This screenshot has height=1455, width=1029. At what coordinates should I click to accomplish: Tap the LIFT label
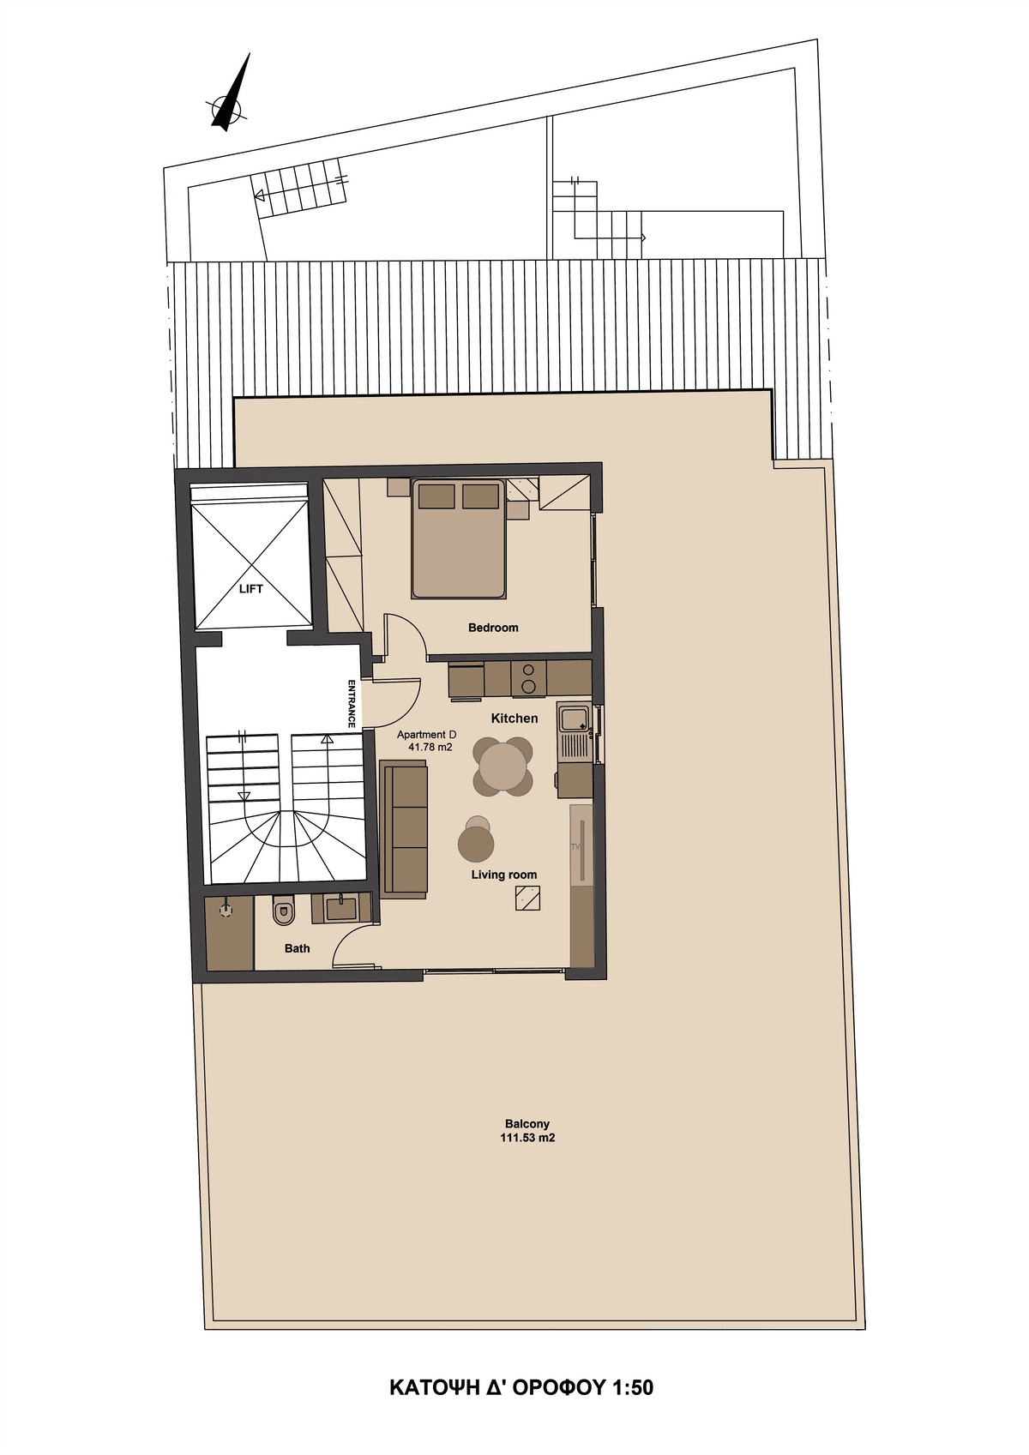click(250, 588)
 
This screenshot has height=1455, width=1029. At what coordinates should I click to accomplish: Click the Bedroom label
click(493, 628)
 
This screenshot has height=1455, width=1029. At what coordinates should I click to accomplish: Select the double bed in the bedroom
click(458, 538)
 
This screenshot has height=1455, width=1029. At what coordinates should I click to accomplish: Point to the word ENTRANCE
click(352, 703)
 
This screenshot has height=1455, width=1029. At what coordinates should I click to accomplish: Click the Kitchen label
click(514, 718)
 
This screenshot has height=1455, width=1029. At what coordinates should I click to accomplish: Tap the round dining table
click(502, 766)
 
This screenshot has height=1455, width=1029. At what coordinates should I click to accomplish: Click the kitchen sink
click(575, 719)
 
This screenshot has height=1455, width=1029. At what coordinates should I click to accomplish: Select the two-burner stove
click(528, 678)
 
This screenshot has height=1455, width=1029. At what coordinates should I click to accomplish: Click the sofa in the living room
click(403, 831)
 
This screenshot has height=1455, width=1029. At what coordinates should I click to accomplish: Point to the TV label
click(575, 847)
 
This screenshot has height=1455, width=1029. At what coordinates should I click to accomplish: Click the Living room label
click(504, 875)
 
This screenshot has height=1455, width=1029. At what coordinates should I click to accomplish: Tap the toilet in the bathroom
click(283, 911)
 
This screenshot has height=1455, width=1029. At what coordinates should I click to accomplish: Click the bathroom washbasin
click(341, 908)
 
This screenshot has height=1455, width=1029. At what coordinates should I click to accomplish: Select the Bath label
click(297, 948)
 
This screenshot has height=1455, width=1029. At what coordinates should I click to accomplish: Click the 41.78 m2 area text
click(430, 747)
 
